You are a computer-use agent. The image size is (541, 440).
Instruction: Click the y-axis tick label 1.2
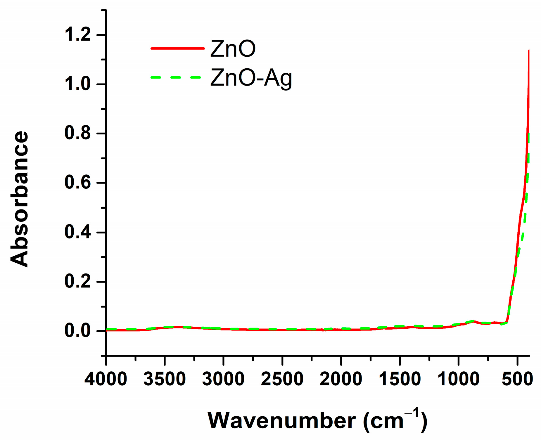coord(78,35)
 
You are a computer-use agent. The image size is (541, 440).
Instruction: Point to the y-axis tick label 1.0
coord(78,84)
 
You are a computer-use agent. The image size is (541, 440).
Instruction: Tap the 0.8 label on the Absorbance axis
coord(78,133)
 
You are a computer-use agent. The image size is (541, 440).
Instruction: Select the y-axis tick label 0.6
coord(78,183)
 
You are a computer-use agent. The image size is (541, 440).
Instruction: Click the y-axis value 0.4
coord(78,232)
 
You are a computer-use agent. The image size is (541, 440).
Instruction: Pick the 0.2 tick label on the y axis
coord(78,282)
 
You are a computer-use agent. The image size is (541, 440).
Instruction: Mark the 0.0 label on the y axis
coord(78,331)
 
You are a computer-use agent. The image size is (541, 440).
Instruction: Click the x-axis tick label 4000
coord(106,379)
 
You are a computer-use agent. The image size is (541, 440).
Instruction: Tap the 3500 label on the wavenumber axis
coord(165,379)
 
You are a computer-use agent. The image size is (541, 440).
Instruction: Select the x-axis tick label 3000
coord(223,379)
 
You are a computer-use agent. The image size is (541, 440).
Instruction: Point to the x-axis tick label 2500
coord(282,379)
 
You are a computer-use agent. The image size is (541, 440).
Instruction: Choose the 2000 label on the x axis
coord(341,379)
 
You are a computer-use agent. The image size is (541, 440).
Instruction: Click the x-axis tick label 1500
coord(400,379)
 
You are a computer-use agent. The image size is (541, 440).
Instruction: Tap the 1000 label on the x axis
coord(458,379)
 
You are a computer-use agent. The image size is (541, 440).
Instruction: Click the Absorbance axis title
coord(20,199)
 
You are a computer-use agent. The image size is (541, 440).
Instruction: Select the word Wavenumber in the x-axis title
coord(281,421)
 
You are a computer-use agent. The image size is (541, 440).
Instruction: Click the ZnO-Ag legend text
coord(251,78)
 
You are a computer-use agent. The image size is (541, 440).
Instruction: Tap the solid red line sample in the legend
coord(177,48)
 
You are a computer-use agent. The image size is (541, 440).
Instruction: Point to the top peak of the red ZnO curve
coord(529,51)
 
